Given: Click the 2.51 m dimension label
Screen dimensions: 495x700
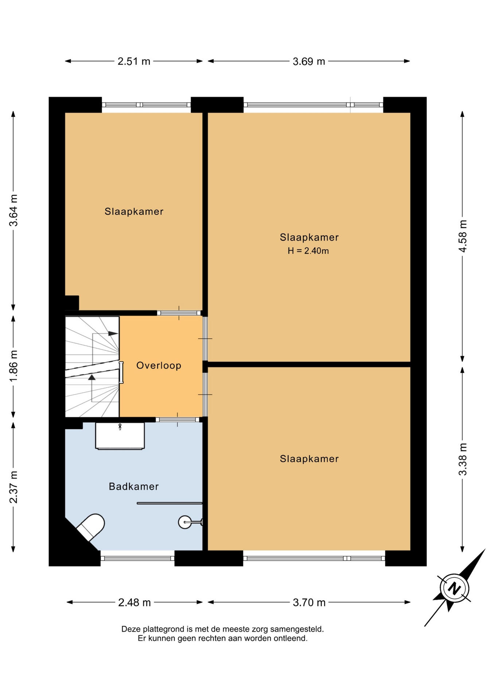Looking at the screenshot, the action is coord(134,61).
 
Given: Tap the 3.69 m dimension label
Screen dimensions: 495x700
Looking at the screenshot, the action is coord(309,61).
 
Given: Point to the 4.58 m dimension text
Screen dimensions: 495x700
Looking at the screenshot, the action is coord(463,236).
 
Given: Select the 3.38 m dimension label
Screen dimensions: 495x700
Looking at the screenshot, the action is coord(463,459).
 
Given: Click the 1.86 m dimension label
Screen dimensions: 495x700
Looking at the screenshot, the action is coord(13,366).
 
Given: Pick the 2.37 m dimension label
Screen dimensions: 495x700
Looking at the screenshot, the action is coord(13,487).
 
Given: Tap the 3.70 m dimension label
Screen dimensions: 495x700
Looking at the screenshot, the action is coord(309,602).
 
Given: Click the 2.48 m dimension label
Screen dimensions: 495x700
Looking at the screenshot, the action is coord(135,602).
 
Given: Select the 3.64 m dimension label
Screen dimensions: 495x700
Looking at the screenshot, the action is coord(13,210).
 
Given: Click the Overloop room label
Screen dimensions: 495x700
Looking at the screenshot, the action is coord(159,366).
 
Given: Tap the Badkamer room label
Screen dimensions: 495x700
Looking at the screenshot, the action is coord(134,486).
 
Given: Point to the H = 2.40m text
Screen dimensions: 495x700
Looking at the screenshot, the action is coord(308,251).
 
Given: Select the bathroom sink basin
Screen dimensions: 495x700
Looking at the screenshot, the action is coord(120,436).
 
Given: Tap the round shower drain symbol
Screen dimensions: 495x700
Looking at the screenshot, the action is coord(185,522).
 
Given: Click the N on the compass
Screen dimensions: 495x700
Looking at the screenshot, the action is coord(454,588).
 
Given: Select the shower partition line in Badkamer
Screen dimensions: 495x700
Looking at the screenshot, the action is coord(169,503).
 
